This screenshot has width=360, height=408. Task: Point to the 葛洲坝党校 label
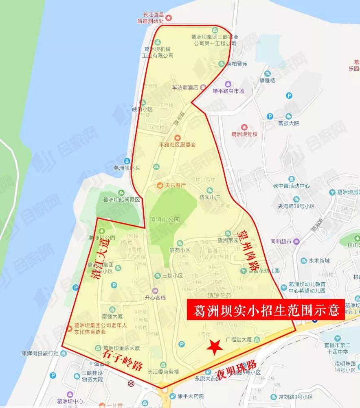(244, 134)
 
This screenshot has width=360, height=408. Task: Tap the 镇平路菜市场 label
(228, 91)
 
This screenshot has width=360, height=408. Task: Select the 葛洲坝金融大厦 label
(121, 348)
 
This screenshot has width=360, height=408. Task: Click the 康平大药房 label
(190, 396)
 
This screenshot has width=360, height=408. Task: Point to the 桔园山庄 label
(209, 196)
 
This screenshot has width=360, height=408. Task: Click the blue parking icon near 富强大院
(289, 96)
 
